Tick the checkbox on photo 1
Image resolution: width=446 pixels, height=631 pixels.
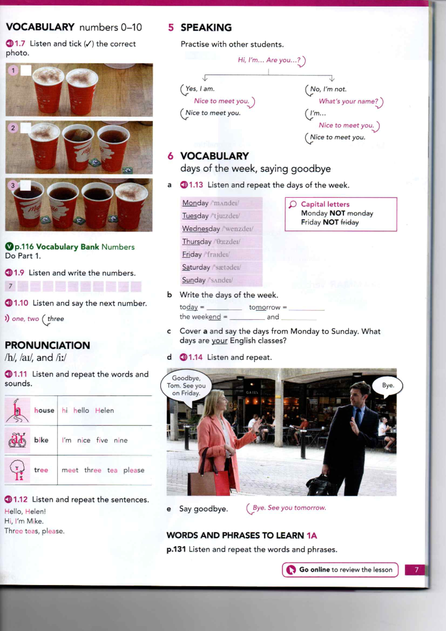coord(26,70)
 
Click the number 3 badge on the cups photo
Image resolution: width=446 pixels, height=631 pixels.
coord(13,185)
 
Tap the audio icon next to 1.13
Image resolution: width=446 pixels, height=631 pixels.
coord(184,185)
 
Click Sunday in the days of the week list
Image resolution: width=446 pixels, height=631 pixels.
coord(193,280)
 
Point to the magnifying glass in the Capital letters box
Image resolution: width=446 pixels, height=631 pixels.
coord(293,205)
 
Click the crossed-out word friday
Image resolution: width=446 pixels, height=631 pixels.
coord(349,222)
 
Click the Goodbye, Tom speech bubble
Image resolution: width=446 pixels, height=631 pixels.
coord(186,386)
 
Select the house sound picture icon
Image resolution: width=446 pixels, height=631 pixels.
coord(17,411)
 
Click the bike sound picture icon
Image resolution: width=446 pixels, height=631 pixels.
coord(17,440)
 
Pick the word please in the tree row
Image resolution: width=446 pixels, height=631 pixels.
coord(134,470)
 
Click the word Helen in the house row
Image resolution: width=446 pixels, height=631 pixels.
coord(104,411)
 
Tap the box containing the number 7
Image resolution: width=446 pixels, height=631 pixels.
coord(10,286)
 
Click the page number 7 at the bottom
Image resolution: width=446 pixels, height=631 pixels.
coord(416,570)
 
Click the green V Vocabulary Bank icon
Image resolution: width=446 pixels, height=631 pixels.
coord(9,247)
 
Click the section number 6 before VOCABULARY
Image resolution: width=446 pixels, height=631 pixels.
coord(170,156)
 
